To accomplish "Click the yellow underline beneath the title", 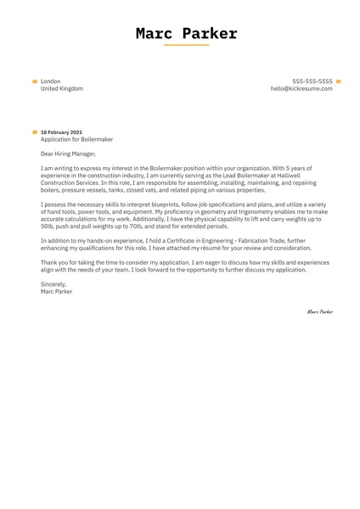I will click(x=186, y=46).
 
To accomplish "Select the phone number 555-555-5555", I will click(x=312, y=81).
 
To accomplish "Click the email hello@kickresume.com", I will click(x=301, y=88).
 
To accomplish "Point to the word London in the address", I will click(x=50, y=81).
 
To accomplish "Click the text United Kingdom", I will click(x=62, y=88).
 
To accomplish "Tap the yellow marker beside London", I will click(x=35, y=81).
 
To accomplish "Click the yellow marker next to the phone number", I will click(x=339, y=81).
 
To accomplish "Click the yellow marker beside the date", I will click(x=35, y=132).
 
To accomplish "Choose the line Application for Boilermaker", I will click(x=76, y=139).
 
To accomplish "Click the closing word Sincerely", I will click(x=53, y=285).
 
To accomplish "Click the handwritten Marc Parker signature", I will click(x=319, y=311).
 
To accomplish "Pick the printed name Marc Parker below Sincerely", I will click(x=57, y=292).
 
